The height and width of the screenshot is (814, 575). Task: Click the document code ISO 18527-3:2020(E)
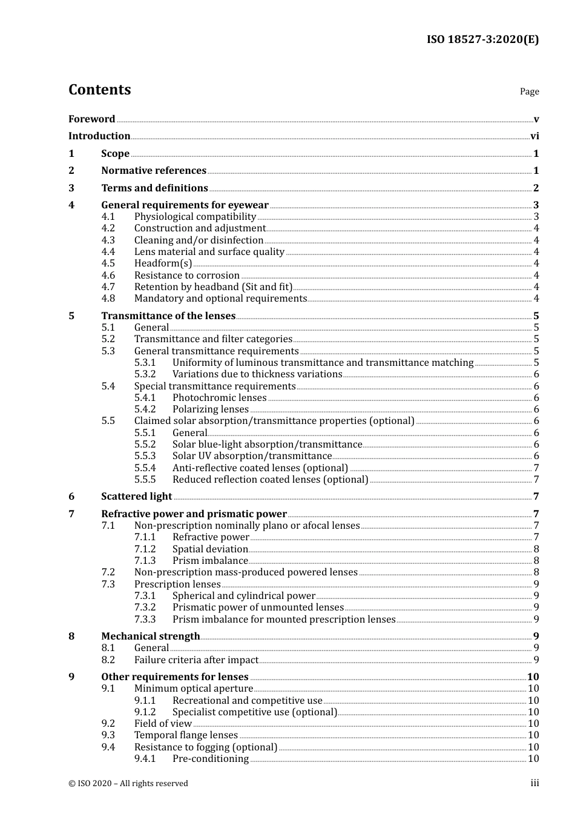(482, 40)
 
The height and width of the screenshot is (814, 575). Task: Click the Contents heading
(99, 90)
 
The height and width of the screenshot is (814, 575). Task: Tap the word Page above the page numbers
(529, 91)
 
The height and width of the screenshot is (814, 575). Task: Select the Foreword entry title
(91, 119)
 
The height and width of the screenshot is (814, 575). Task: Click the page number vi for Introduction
(534, 136)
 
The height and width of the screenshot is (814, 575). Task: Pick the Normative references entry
(154, 171)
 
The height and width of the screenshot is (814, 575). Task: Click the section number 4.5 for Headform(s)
(108, 263)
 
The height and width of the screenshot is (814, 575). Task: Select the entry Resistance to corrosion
(187, 275)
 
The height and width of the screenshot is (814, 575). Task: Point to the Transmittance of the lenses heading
(168, 316)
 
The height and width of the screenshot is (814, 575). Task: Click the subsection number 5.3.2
(145, 374)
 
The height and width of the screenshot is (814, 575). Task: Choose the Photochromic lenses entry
(219, 398)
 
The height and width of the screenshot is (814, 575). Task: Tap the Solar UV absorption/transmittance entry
(252, 456)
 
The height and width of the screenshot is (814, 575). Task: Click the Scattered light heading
(137, 497)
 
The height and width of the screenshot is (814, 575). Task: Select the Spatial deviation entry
(210, 549)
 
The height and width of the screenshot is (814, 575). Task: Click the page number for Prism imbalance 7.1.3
(536, 561)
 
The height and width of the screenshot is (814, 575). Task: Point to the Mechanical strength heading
(151, 636)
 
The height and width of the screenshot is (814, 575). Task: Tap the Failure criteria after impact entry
(196, 660)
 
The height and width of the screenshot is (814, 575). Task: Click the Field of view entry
(163, 724)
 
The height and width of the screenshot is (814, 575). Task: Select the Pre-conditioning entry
(211, 759)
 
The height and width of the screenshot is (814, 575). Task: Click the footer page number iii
(534, 783)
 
